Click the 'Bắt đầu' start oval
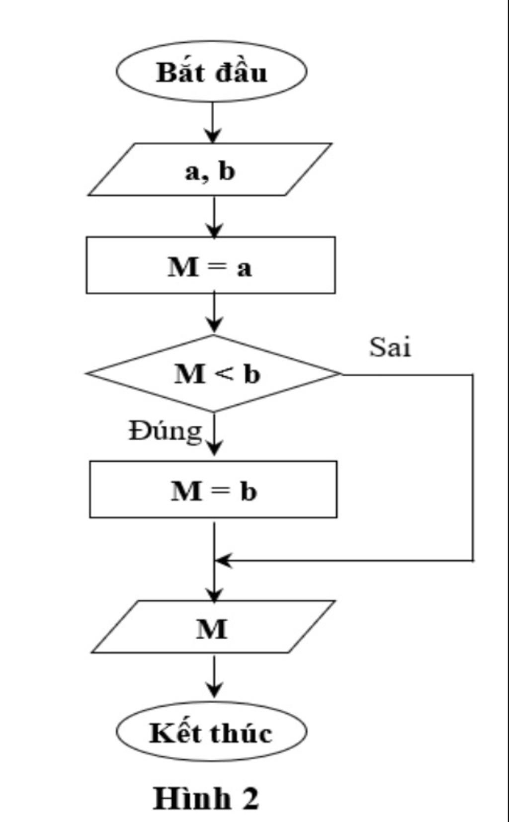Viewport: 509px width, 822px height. click(211, 72)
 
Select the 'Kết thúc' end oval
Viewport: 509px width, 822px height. click(211, 732)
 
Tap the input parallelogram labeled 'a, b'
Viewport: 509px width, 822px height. click(210, 170)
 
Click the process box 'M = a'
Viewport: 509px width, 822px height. click(210, 265)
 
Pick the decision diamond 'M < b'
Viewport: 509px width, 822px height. click(214, 373)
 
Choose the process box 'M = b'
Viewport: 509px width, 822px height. click(213, 490)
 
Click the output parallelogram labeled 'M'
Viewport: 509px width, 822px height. click(213, 627)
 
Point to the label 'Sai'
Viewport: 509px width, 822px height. click(390, 346)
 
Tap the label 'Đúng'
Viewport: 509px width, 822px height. click(166, 431)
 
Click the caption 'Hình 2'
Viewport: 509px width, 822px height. click(206, 798)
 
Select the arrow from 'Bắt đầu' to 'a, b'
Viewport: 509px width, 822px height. click(213, 122)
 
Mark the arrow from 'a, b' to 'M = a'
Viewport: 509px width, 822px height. click(214, 217)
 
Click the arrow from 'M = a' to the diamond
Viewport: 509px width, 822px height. click(214, 313)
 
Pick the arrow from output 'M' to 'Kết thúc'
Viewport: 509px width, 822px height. click(214, 676)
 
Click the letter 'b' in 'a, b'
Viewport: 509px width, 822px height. click(226, 171)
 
